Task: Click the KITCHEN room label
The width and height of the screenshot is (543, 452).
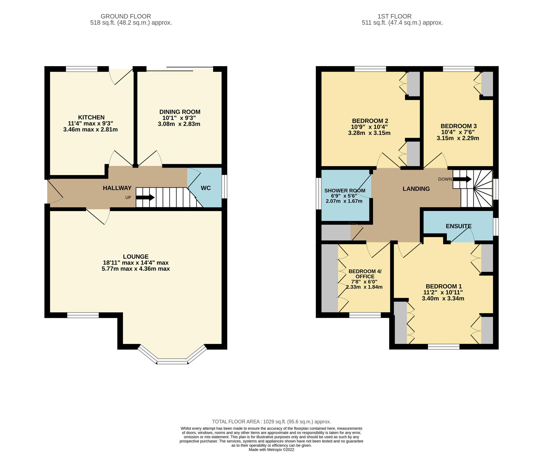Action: pos(91,117)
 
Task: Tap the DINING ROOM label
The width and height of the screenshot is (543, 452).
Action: pos(180,112)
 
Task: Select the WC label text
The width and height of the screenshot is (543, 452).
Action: pos(206,188)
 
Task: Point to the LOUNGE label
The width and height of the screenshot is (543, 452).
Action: pos(136,257)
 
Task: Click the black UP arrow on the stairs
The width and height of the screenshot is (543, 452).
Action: pos(145,198)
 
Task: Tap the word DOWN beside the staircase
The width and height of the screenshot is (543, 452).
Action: pos(445,179)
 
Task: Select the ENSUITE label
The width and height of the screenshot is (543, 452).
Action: pos(458,226)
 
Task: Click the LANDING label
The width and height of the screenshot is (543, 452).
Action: pos(416,189)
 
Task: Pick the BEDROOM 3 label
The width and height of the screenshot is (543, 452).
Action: pos(458,126)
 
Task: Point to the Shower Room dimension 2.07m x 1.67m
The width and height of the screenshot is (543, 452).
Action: pos(344,201)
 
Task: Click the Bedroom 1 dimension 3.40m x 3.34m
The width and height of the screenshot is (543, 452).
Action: pos(443,298)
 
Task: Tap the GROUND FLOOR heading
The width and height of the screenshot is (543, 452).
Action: pos(126,16)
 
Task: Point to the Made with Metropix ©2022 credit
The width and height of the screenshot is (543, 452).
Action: pos(271,450)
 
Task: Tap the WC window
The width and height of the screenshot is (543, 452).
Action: pos(224,187)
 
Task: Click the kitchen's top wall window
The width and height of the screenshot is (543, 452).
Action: pos(82,69)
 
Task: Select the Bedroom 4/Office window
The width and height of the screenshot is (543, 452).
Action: pos(365,315)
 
